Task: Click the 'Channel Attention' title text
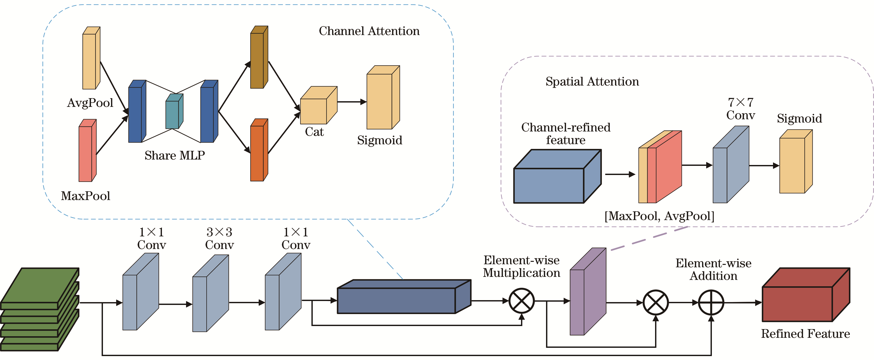coord(369,31)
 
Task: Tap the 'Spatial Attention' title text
coord(592,82)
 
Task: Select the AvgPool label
coord(90,103)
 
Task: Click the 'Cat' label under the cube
coord(314,132)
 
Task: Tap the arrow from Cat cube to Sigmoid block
coord(351,102)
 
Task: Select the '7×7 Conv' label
coord(740,109)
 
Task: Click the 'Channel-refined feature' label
coord(566,134)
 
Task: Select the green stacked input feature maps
coord(39,309)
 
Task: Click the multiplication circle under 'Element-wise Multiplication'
coord(521,301)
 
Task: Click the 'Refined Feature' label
coord(805,334)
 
